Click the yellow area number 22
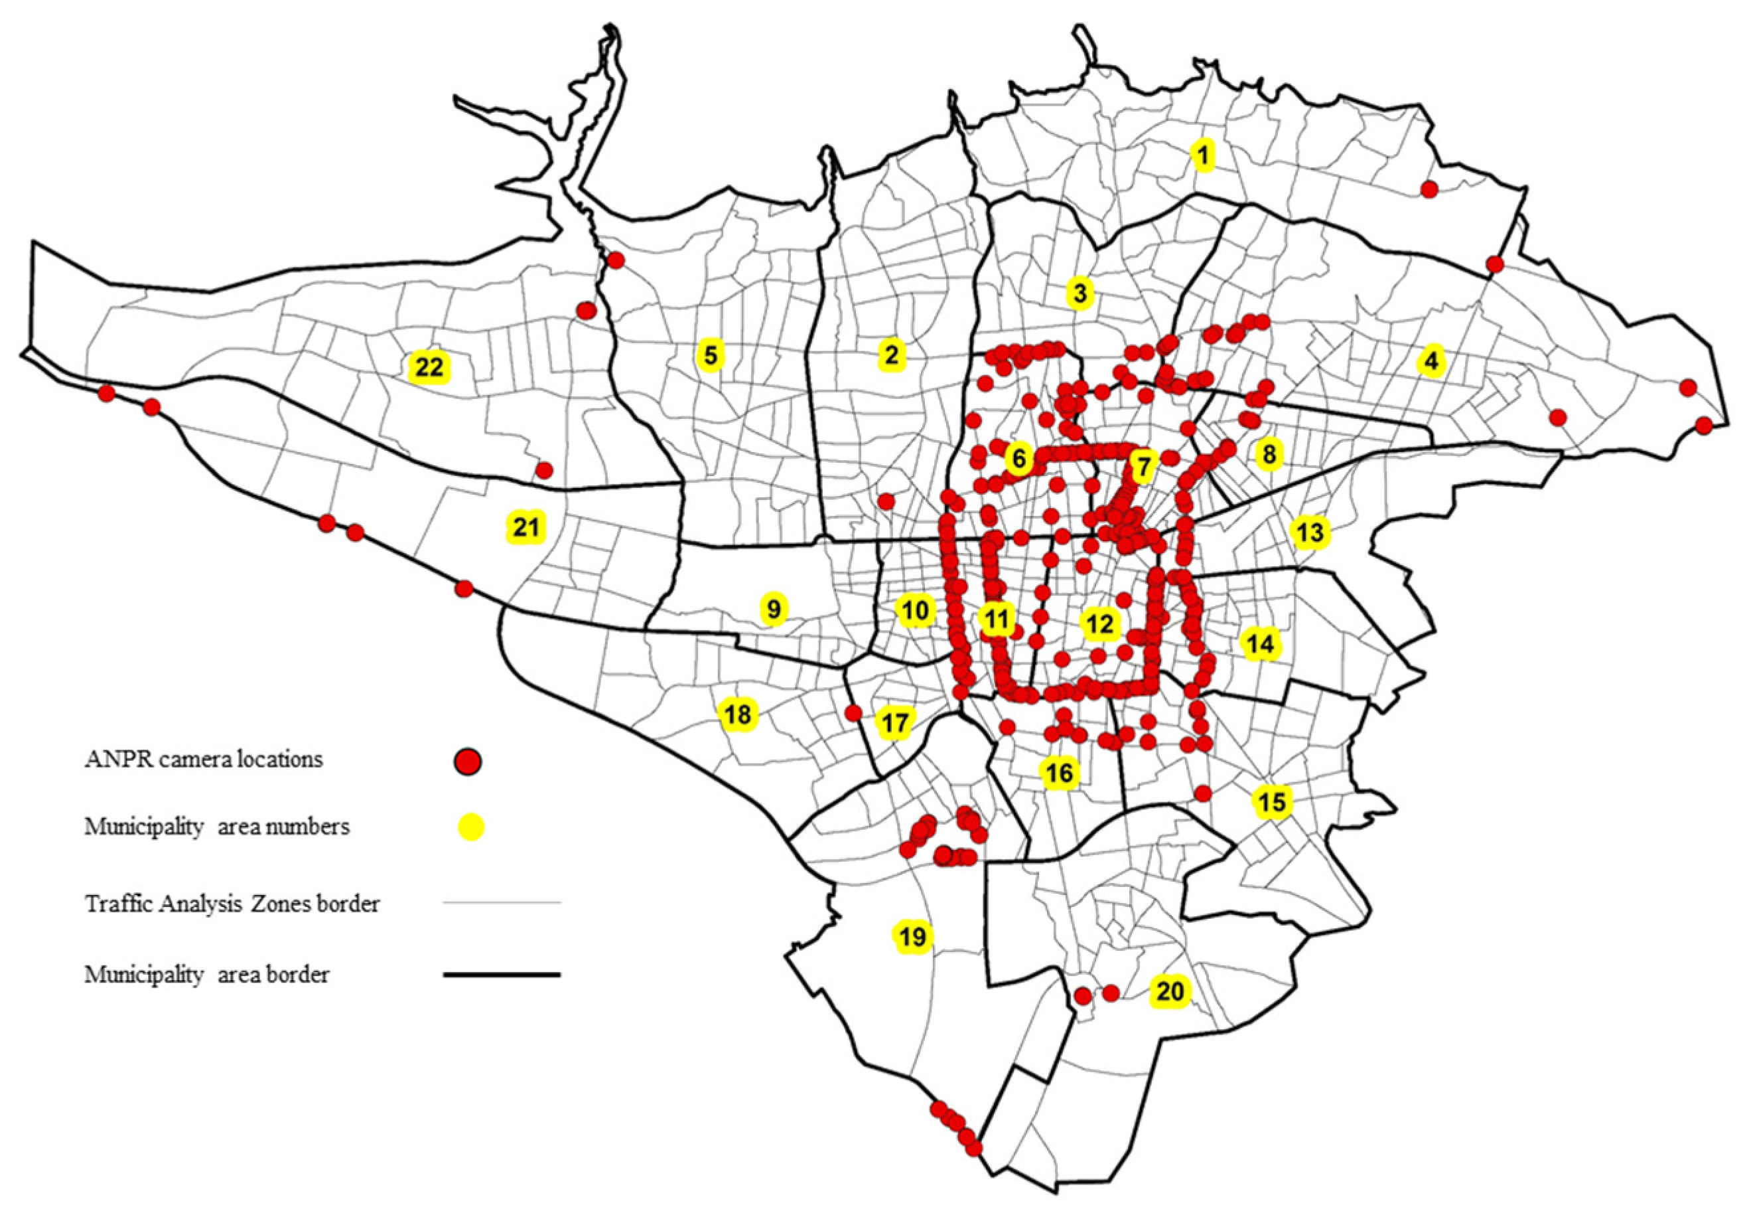coord(429,368)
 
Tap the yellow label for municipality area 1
coord(1202,156)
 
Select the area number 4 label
coord(1431,361)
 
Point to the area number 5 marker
coord(710,355)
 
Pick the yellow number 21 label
coord(526,526)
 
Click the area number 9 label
coord(774,609)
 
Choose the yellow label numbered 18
coord(737,714)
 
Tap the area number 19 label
coord(913,936)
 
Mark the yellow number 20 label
coord(1170,991)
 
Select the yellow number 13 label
coord(1310,533)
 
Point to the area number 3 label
coord(1080,293)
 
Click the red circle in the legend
coord(468,760)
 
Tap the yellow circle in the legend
coord(471,827)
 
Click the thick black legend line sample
coord(502,974)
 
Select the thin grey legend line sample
coord(502,903)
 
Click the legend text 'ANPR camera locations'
coord(204,759)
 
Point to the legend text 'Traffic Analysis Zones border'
coord(232,904)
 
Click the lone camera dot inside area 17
coord(853,713)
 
